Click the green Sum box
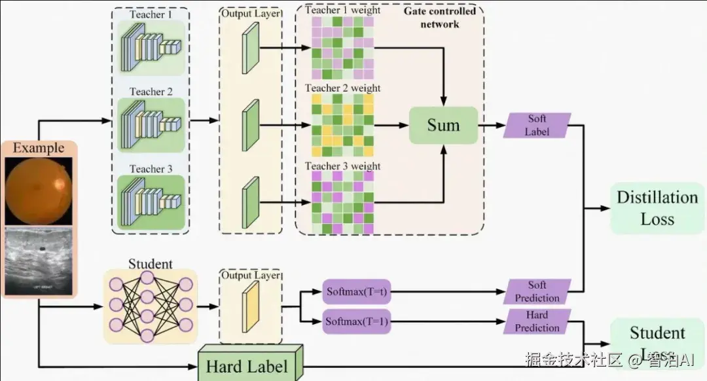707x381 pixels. pos(443,125)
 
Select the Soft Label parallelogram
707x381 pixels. pos(537,125)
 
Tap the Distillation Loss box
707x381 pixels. pos(657,208)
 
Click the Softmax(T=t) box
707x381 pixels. pos(357,291)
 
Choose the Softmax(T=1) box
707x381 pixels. pos(357,321)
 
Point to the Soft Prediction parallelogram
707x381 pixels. pos(537,291)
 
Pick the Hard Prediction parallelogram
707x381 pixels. pos(537,321)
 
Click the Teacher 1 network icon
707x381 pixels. pos(150,45)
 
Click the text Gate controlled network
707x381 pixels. pos(431,18)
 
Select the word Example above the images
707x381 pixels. pos(39,148)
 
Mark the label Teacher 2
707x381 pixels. pos(151,92)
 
